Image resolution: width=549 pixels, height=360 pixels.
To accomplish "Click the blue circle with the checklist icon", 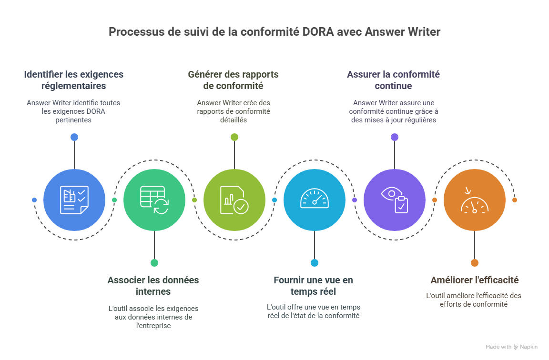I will [74, 200].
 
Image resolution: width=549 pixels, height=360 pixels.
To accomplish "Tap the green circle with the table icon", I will [154, 200].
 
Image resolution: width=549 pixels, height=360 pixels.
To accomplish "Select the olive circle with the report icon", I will [234, 200].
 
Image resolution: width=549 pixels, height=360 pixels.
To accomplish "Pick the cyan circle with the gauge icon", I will [315, 200].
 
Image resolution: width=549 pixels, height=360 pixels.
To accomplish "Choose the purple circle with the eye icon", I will [395, 200].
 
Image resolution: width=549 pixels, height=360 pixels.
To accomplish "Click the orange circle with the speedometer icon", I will [475, 200].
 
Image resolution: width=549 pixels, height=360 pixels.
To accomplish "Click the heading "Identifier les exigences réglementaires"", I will [74, 80].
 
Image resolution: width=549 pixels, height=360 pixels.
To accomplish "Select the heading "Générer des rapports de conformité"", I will [234, 80].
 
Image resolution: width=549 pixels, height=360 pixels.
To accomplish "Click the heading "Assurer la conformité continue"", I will [393, 80].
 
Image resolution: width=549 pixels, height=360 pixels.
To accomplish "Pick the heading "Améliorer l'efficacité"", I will [475, 280].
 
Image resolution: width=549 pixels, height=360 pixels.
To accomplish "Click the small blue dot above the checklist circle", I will [74, 137].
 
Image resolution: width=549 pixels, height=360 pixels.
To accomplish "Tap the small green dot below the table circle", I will [154, 262].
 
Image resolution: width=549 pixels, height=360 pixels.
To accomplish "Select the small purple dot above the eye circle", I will [395, 137].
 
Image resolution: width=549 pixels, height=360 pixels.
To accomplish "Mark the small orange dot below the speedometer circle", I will [475, 262].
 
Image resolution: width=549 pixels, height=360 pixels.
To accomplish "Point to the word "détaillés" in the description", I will [234, 120].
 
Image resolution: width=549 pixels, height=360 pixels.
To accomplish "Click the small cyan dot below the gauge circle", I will [315, 262].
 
